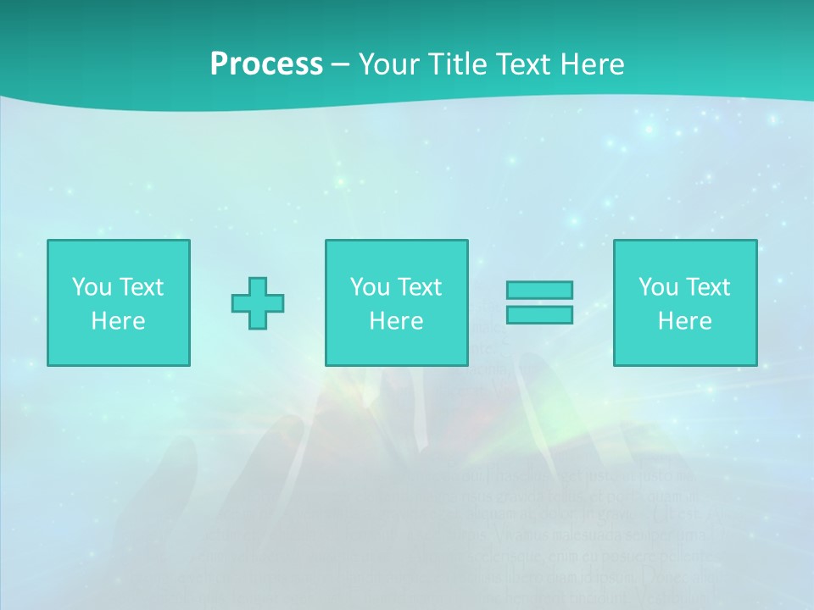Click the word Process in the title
click(266, 64)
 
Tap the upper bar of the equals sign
click(539, 290)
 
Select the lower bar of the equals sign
click(539, 314)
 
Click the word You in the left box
click(92, 287)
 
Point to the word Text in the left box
click(140, 287)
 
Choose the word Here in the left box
click(118, 321)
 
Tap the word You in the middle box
click(370, 287)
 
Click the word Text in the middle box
click(418, 287)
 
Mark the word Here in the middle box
click(396, 321)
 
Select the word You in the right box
click(658, 287)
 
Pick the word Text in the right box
click(706, 287)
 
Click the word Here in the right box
click(684, 321)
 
